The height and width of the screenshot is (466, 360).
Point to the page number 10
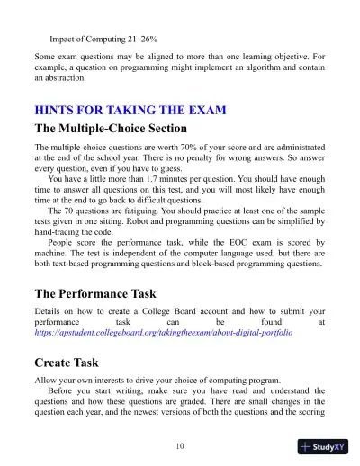tap(181, 444)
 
